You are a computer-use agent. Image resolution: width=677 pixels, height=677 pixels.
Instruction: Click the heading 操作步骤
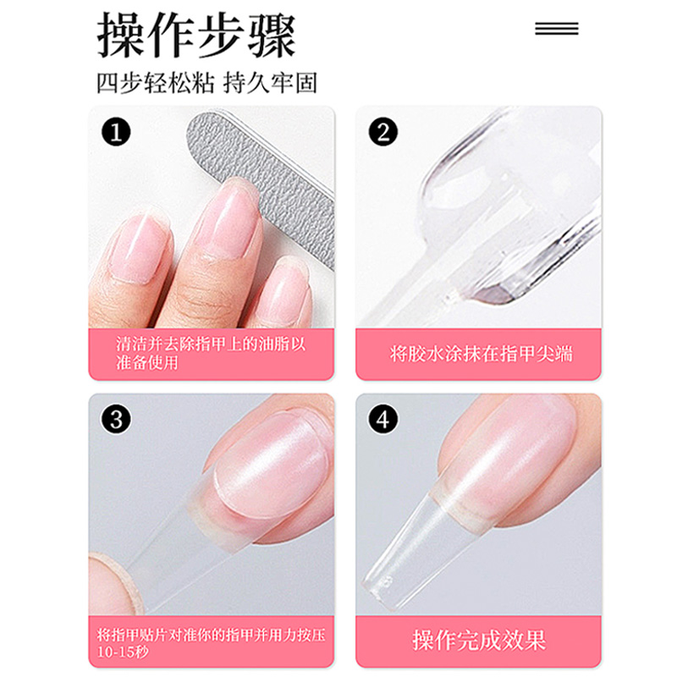tap(197, 35)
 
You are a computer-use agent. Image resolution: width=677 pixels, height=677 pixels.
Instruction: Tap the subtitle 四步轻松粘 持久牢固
tap(206, 83)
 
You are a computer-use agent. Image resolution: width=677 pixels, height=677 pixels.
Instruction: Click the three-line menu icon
tap(557, 29)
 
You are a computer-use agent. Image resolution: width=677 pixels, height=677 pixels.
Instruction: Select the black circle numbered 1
tap(116, 132)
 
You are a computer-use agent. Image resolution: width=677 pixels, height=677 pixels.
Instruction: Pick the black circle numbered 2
tap(383, 132)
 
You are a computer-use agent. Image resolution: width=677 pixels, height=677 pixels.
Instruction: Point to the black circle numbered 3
tap(116, 419)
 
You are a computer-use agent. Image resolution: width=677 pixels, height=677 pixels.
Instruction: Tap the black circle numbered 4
tap(383, 419)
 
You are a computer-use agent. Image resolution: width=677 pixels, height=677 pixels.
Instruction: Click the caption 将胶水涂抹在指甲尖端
tap(481, 354)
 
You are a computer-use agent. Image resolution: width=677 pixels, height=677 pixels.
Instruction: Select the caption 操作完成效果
tap(479, 640)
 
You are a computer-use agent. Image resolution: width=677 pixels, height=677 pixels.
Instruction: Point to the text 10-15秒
tap(123, 652)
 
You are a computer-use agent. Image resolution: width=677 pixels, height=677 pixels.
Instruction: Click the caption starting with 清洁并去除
tap(211, 354)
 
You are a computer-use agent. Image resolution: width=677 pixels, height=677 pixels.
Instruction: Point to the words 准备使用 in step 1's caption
tap(147, 363)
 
